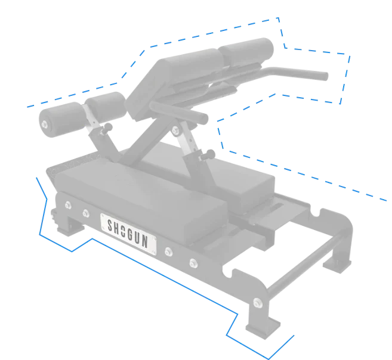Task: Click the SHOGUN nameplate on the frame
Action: point(128,234)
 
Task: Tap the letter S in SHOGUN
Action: point(110,225)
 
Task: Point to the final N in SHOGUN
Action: point(145,241)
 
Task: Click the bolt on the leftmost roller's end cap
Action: point(45,124)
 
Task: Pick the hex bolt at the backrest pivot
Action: point(175,130)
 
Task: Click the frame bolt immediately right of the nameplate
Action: point(169,252)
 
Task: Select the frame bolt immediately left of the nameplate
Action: point(86,213)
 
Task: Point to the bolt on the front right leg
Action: point(258,303)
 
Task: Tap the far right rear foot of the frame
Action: point(337,265)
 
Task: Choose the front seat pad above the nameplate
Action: point(140,197)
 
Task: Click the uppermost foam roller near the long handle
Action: point(246,52)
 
